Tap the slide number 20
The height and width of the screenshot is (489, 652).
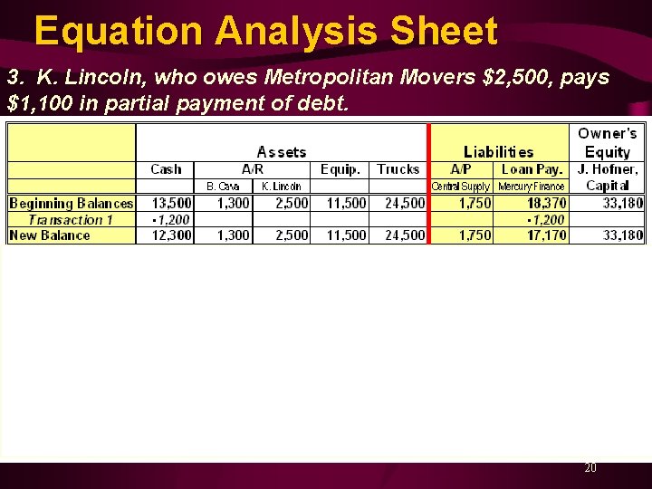click(x=590, y=468)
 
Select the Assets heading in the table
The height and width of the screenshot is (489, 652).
click(x=282, y=152)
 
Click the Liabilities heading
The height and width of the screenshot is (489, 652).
click(x=498, y=152)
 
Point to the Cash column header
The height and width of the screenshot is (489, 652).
click(x=166, y=169)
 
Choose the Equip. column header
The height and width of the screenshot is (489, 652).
click(x=340, y=169)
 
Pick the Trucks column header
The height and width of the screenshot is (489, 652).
click(x=398, y=169)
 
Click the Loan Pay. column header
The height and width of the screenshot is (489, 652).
click(x=532, y=169)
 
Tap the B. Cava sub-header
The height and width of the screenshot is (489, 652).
click(x=223, y=187)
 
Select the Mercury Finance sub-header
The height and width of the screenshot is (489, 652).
click(x=532, y=187)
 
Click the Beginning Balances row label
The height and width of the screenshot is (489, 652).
click(x=71, y=203)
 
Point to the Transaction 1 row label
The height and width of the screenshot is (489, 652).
click(x=71, y=219)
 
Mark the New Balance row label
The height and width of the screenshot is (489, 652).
click(x=50, y=235)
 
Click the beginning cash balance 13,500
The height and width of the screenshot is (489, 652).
click(x=171, y=203)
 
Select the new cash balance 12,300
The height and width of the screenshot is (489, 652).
click(x=171, y=235)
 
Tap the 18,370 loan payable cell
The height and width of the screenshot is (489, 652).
click(x=547, y=203)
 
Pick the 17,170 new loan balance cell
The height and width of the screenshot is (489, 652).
click(x=547, y=235)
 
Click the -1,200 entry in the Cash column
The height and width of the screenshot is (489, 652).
click(x=171, y=219)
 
